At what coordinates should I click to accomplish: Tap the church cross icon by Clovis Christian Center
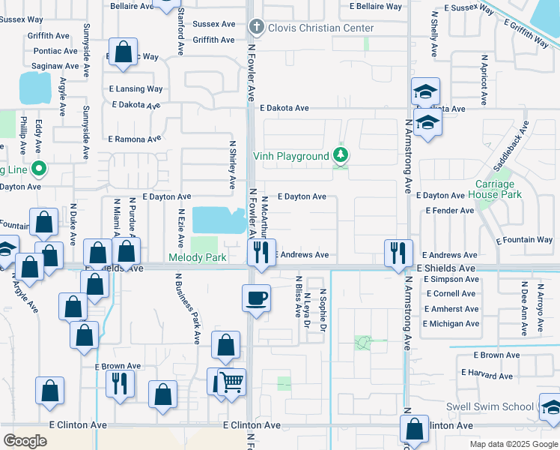256,28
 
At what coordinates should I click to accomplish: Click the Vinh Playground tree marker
341,155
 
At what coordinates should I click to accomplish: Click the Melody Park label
198,257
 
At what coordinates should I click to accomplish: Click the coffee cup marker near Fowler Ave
256,298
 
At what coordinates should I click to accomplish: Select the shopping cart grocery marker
232,381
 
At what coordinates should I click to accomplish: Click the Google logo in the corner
25,441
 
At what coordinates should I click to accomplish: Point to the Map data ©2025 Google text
514,444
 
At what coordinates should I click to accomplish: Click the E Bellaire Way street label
376,7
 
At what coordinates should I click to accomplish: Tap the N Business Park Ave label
187,308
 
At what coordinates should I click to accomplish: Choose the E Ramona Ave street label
135,139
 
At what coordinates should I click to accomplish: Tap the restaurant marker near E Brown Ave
120,385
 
